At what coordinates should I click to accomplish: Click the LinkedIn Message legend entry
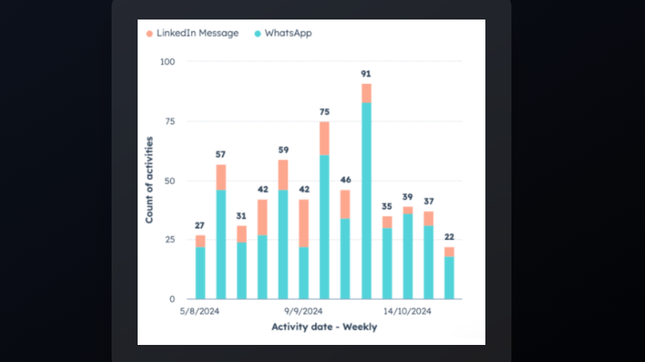pyautogui.click(x=192, y=33)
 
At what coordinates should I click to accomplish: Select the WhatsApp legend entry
pyautogui.click(x=283, y=33)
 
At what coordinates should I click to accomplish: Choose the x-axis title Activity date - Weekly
pyautogui.click(x=324, y=327)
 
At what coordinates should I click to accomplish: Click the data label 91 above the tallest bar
pyautogui.click(x=366, y=74)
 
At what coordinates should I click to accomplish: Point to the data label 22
pyautogui.click(x=450, y=238)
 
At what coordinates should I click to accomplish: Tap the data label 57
pyautogui.click(x=221, y=155)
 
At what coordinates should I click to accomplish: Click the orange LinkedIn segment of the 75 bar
pyautogui.click(x=324, y=138)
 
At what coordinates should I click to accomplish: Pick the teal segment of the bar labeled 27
pyautogui.click(x=200, y=273)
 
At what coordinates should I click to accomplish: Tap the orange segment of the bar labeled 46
pyautogui.click(x=345, y=204)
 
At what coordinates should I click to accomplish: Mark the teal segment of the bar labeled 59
pyautogui.click(x=283, y=244)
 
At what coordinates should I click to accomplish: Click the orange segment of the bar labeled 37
pyautogui.click(x=428, y=219)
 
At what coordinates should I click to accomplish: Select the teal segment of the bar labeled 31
pyautogui.click(x=242, y=270)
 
